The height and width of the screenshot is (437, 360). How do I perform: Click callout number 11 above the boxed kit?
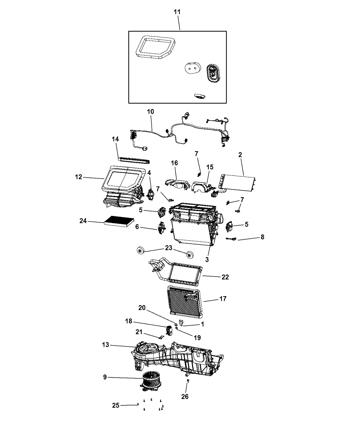(177, 12)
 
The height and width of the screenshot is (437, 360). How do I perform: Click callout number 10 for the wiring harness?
(151, 111)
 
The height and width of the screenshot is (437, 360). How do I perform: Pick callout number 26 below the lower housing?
(185, 397)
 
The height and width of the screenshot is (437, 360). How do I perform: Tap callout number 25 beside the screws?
(116, 405)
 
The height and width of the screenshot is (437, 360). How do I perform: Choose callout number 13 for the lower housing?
(105, 345)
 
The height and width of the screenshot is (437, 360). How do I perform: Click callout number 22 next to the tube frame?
(225, 277)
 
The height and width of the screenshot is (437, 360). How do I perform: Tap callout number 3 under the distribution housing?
(207, 259)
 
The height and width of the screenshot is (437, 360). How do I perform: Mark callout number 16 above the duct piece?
(174, 163)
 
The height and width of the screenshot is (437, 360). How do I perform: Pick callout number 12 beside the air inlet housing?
(79, 177)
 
